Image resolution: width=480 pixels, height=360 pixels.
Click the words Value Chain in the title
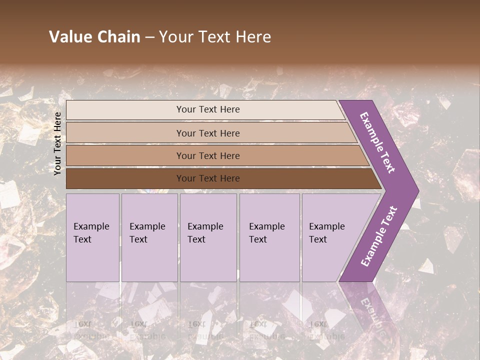click(x=94, y=37)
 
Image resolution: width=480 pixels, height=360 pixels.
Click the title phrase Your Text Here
click(x=215, y=37)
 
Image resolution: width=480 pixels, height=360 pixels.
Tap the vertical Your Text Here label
click(x=57, y=143)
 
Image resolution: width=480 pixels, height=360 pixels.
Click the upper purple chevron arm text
click(x=377, y=142)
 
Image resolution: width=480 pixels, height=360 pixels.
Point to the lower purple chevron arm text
click(x=379, y=236)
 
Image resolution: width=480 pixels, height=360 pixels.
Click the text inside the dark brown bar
click(x=208, y=178)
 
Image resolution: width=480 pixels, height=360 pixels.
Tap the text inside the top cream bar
click(x=208, y=109)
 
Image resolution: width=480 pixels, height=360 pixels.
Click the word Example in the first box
click(x=91, y=226)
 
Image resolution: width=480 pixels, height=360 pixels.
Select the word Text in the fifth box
click(x=318, y=239)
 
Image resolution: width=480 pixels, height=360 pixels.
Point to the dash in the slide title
click(x=149, y=37)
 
